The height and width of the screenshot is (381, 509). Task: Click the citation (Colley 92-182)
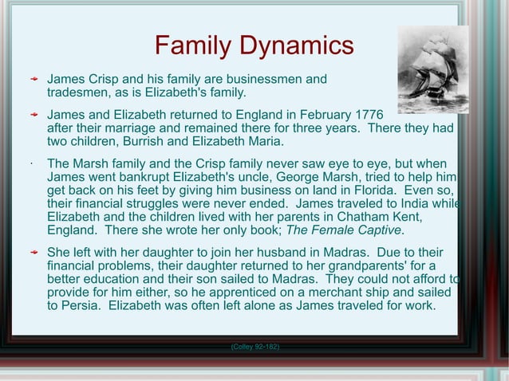click(x=254, y=347)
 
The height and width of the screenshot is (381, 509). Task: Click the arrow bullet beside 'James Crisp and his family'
click(x=33, y=81)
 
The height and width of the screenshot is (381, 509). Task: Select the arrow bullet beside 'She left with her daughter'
click(x=33, y=253)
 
